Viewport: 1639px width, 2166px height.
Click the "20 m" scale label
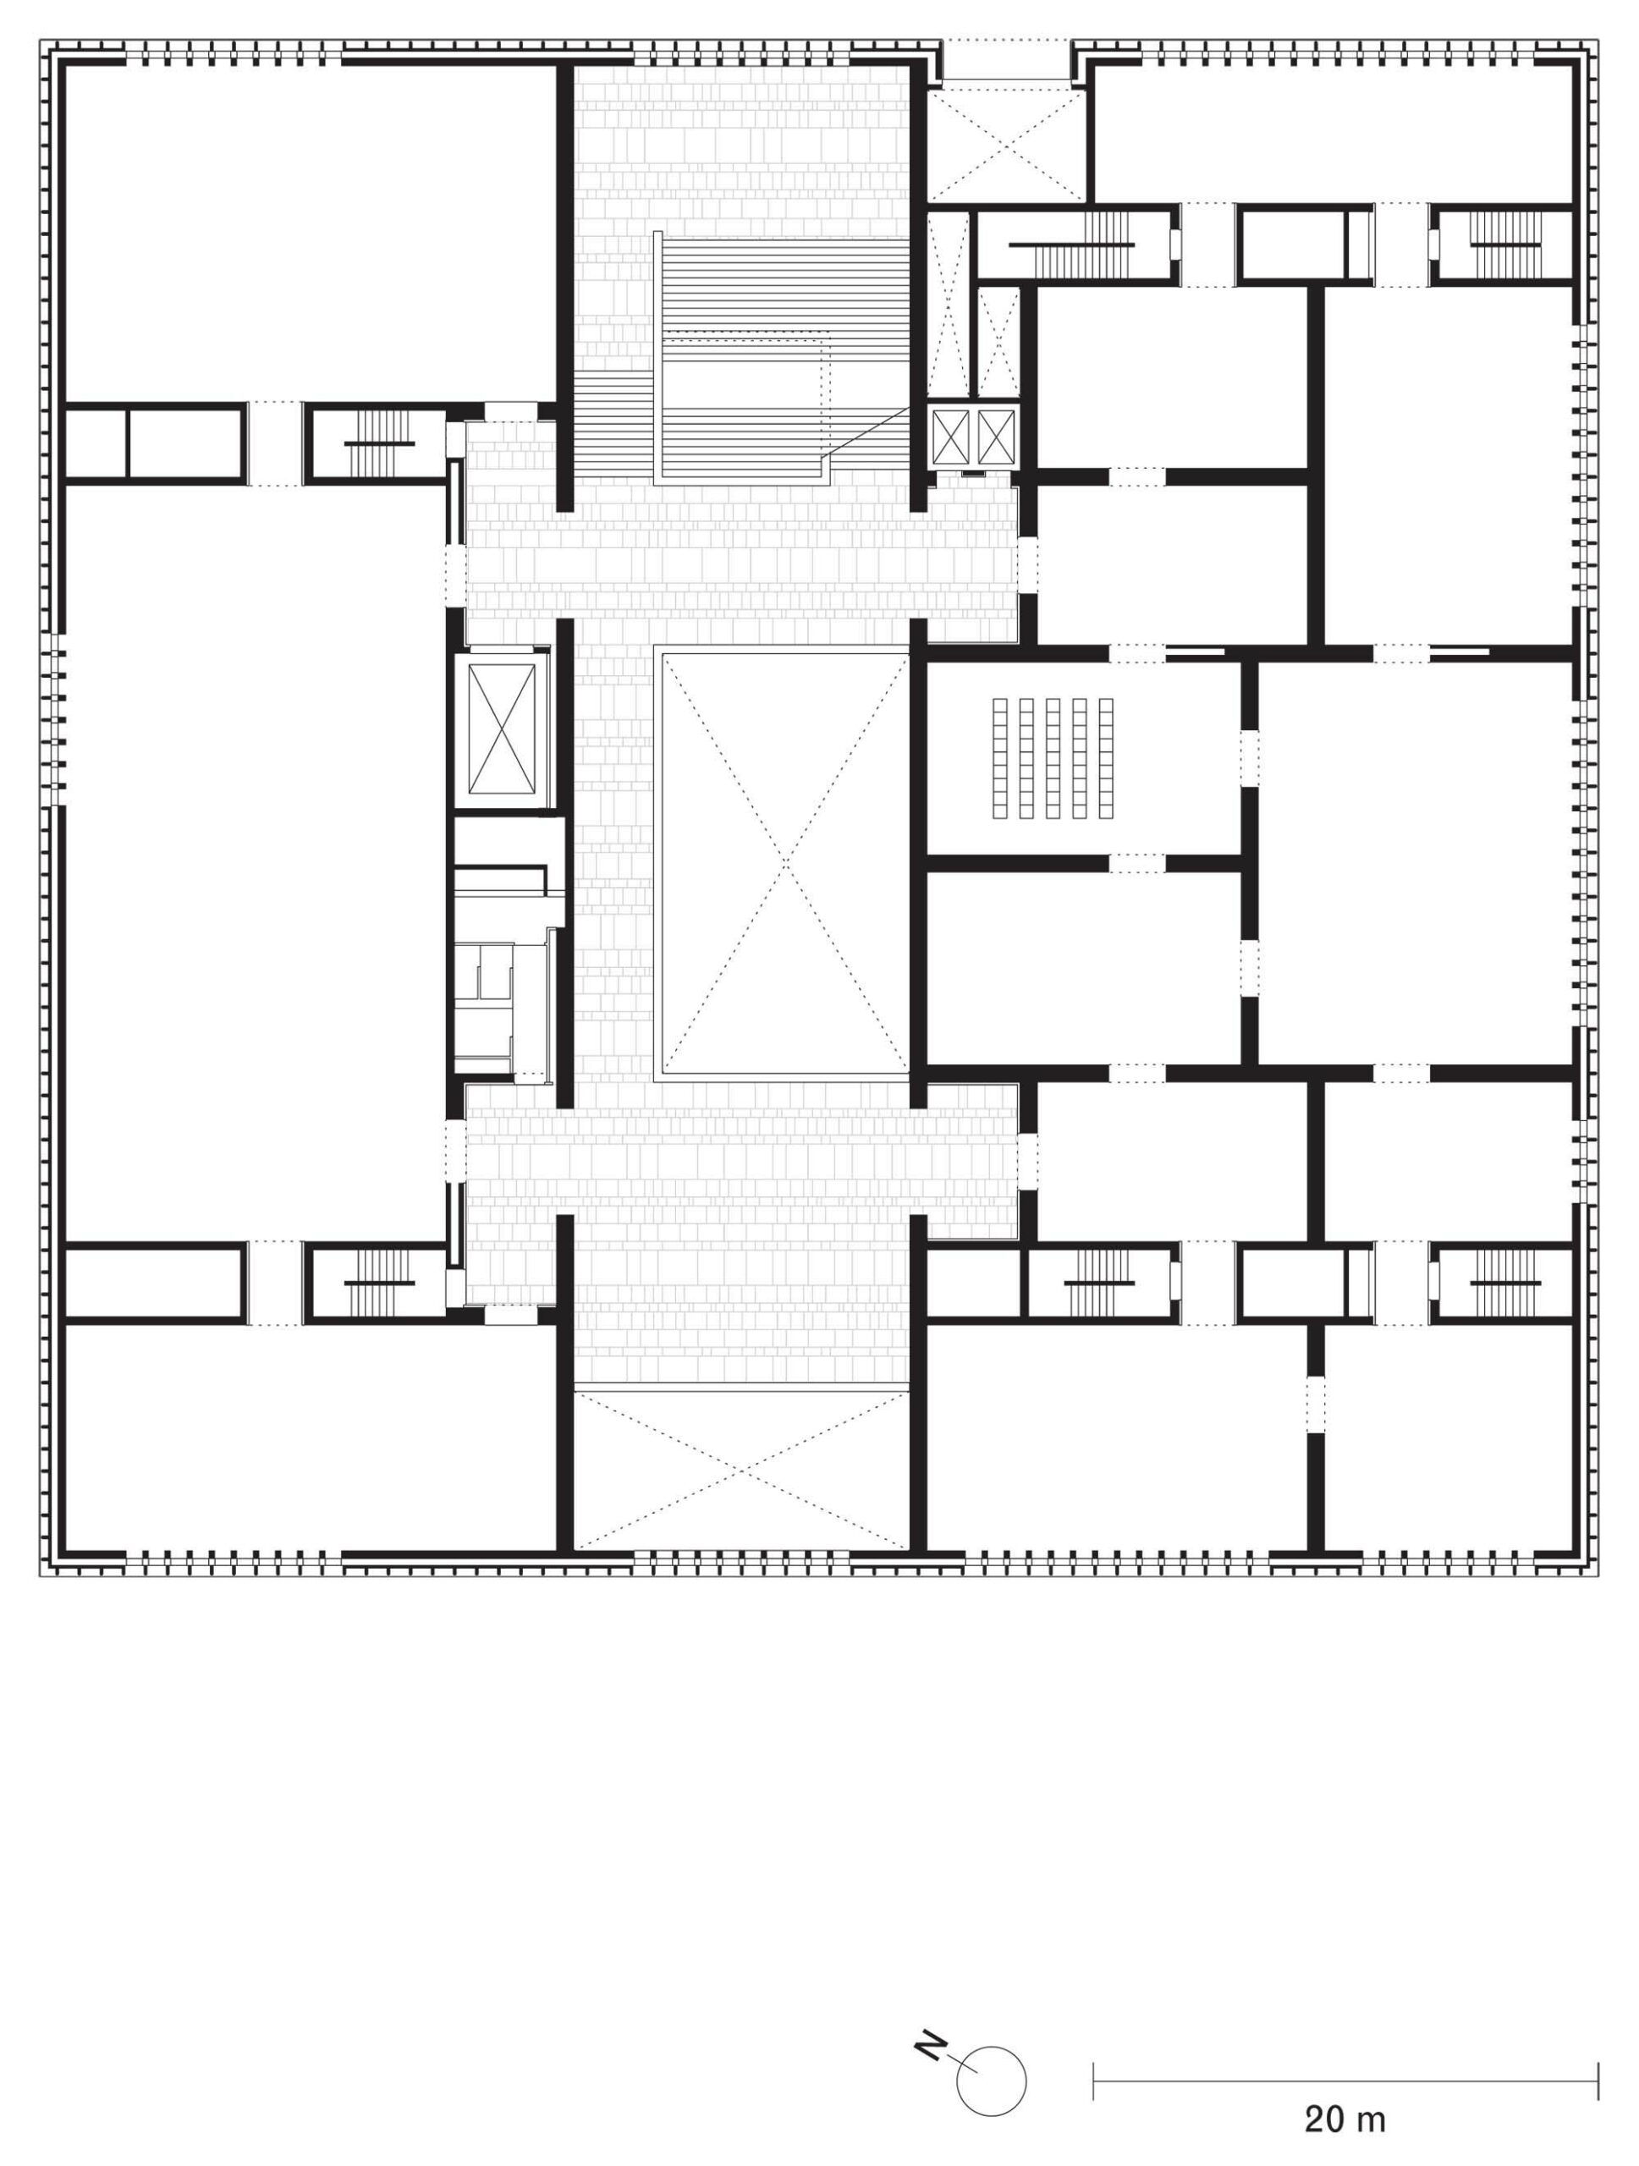1344,2121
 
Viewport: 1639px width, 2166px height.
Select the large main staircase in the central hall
744,357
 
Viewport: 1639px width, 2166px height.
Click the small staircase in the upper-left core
380,443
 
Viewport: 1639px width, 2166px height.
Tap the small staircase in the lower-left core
380,1283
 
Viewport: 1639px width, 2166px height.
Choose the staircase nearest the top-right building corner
1503,244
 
